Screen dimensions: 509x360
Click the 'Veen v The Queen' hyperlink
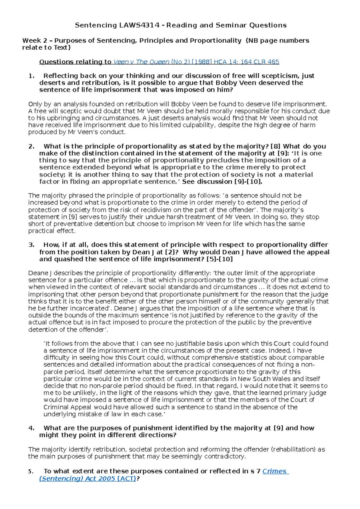[141, 62]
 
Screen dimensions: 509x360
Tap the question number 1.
[31, 76]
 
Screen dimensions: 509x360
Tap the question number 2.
[31, 146]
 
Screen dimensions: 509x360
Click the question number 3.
[31, 245]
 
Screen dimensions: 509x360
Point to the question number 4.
[31, 428]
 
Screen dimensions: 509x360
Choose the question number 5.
[31, 472]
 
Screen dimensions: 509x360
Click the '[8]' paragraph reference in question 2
[275, 146]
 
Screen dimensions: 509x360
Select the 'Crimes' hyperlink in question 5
[274, 471]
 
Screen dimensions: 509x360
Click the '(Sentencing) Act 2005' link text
[77, 478]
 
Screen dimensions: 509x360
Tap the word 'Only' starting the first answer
[35, 104]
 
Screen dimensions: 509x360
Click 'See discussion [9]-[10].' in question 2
[222, 182]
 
